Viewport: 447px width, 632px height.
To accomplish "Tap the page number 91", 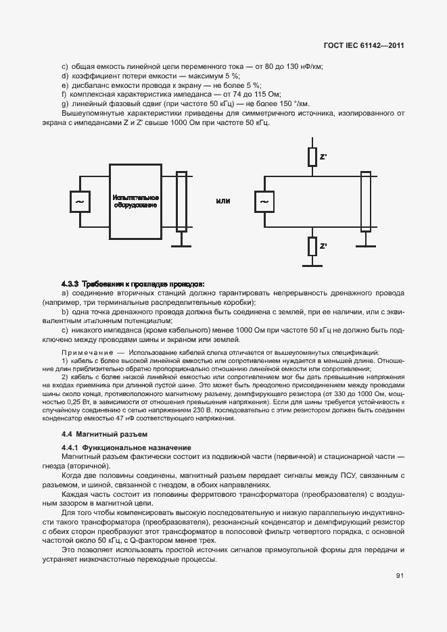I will [x=400, y=575].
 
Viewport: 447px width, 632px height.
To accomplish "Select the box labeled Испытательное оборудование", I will [x=135, y=201].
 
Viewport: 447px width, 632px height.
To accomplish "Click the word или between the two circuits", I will [x=223, y=201].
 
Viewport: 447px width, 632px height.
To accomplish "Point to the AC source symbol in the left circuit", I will [x=80, y=201].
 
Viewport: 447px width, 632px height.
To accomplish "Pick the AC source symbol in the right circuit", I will [x=264, y=201].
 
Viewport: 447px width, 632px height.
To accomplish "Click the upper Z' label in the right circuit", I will [x=323, y=157].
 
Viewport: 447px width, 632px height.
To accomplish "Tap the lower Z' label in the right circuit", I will [x=323, y=246].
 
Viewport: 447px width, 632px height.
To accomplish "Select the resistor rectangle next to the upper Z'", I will [x=312, y=157].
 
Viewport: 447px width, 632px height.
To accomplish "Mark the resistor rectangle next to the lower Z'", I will [x=312, y=246].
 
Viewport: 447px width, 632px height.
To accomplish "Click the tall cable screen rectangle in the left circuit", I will [x=181, y=201].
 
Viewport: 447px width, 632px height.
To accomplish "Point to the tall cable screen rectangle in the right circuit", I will [x=365, y=201].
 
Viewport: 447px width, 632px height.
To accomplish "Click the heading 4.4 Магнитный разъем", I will [x=104, y=433].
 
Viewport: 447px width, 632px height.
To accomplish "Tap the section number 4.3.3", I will [x=70, y=284].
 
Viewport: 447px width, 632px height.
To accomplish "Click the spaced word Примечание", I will [x=87, y=354].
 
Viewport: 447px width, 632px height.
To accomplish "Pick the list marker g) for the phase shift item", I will [x=64, y=103].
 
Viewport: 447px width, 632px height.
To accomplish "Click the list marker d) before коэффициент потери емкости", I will [x=64, y=76].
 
